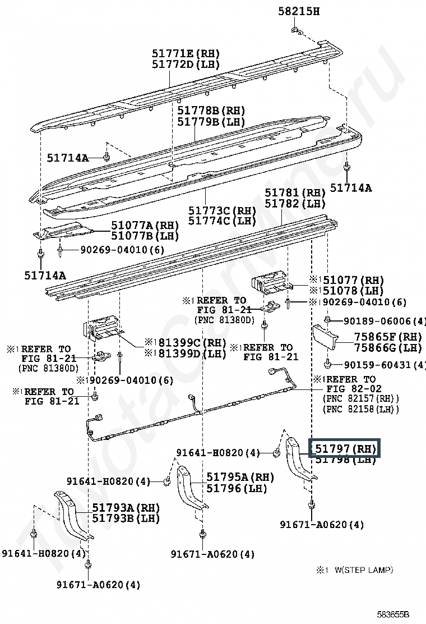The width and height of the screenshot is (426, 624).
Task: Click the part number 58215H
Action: (299, 11)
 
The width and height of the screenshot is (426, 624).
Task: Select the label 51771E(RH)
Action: (186, 53)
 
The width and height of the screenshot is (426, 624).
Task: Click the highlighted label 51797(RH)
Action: (345, 449)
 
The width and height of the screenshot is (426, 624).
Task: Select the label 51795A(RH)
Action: (240, 477)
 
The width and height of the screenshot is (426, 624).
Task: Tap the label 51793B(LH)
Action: (126, 518)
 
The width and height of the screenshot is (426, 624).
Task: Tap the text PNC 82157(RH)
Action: (360, 398)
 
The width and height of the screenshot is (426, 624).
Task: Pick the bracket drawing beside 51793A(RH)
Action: (70, 513)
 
